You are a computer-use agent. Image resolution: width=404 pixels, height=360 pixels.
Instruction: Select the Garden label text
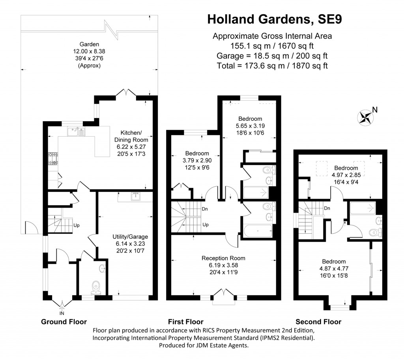[x=89, y=44]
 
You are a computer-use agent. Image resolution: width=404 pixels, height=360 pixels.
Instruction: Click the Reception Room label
[x=224, y=258]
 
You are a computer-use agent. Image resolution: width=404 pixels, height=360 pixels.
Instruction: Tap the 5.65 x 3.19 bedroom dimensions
[x=250, y=126]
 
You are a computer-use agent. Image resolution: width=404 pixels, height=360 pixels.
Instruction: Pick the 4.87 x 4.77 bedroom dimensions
[x=334, y=268]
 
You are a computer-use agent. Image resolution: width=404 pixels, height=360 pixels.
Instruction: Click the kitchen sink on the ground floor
[x=76, y=131]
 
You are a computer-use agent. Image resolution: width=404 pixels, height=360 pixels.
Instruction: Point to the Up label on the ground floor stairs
[x=77, y=226]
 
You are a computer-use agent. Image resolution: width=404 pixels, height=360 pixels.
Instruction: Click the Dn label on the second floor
[x=327, y=208]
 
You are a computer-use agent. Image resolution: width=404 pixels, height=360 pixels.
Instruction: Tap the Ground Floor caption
[x=64, y=322]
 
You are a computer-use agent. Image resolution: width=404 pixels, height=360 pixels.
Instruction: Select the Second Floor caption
[x=318, y=322]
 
